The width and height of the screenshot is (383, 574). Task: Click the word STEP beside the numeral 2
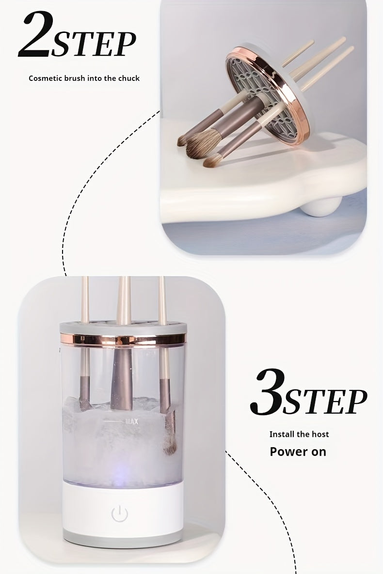click(x=94, y=45)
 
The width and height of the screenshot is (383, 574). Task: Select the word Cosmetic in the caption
click(x=45, y=78)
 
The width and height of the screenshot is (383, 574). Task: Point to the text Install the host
click(x=299, y=434)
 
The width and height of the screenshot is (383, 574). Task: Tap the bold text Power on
click(x=298, y=452)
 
